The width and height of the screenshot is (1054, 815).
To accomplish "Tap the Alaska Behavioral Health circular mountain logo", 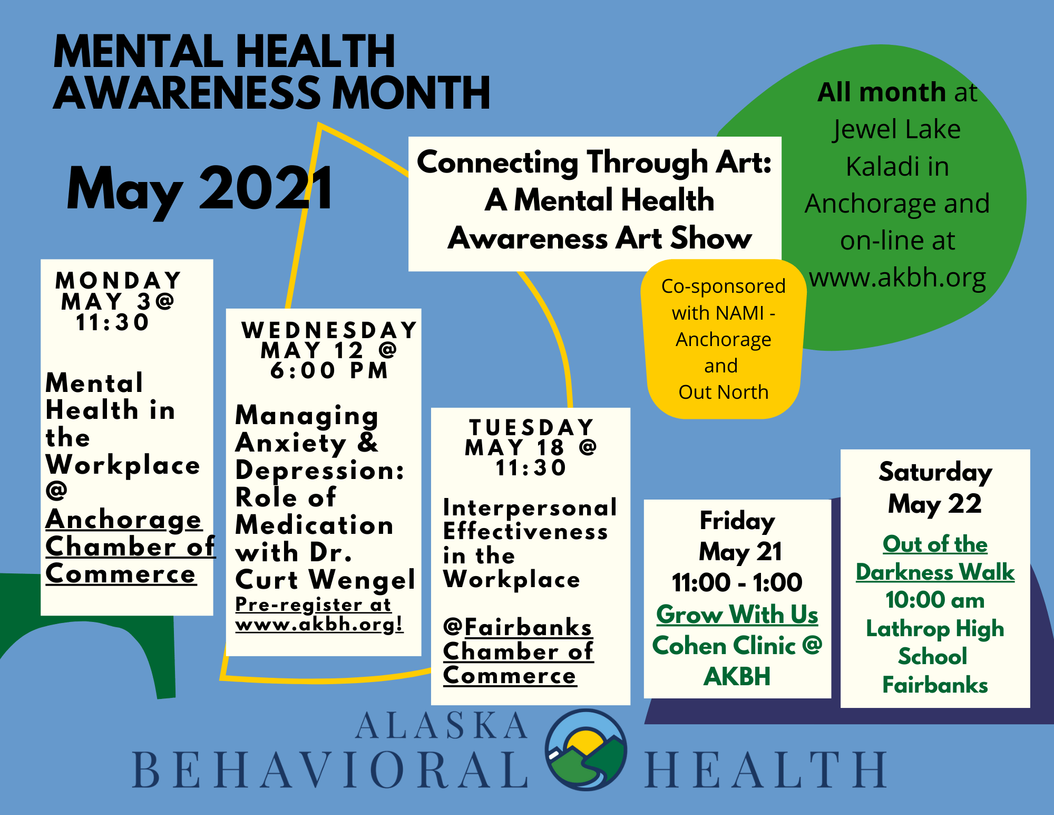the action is tap(586, 750).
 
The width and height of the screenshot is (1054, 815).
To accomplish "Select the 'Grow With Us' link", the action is tap(737, 615).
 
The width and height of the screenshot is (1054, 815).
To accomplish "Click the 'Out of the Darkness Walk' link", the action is tap(935, 558).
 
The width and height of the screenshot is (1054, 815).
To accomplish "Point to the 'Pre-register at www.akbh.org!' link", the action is tap(319, 614).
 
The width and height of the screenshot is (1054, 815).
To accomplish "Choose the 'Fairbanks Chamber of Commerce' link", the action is tap(519, 651).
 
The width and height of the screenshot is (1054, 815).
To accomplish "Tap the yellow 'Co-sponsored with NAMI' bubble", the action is tap(723, 339).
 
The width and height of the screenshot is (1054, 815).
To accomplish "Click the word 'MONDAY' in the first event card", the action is tap(119, 280).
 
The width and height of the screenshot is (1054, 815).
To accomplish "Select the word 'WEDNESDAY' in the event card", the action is tap(329, 330).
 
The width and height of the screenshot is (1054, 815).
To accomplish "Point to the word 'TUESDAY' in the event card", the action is tap(532, 427).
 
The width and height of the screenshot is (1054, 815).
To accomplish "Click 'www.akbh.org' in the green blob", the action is tap(897, 277).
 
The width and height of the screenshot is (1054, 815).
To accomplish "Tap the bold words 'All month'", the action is tap(882, 92).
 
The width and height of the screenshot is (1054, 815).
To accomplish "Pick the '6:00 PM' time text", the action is tap(329, 371).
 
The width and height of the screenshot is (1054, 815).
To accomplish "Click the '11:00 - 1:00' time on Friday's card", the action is tap(737, 582).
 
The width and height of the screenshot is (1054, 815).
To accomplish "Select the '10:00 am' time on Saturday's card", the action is tap(935, 600).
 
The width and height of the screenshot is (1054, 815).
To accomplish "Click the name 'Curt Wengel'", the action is tap(325, 580).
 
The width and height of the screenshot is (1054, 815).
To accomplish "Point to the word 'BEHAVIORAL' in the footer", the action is tap(330, 770).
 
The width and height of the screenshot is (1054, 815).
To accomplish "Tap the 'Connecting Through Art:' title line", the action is tap(594, 162).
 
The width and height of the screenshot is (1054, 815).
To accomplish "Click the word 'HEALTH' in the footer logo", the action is tap(766, 770).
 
